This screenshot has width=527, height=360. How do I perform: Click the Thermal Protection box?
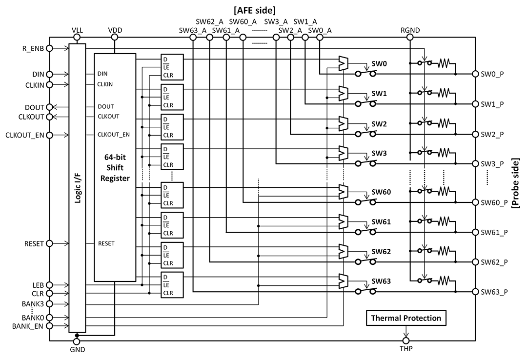point(406,319)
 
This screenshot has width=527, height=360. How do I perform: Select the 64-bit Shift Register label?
point(115,168)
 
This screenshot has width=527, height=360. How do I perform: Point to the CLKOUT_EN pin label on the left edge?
point(26,135)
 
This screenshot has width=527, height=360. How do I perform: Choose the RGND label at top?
point(410,30)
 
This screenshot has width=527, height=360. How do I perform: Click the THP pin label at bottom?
point(406,349)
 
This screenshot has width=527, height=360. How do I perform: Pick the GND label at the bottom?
point(77,349)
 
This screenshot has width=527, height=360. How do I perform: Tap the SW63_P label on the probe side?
point(494,292)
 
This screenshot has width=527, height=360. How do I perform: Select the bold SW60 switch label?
point(381,192)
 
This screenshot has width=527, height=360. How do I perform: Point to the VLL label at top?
point(77,30)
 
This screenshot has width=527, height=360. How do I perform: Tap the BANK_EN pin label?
point(29,326)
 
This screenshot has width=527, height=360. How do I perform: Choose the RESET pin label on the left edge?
point(34,243)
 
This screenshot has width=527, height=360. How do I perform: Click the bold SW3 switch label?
point(379,153)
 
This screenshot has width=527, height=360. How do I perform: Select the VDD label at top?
point(115,30)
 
